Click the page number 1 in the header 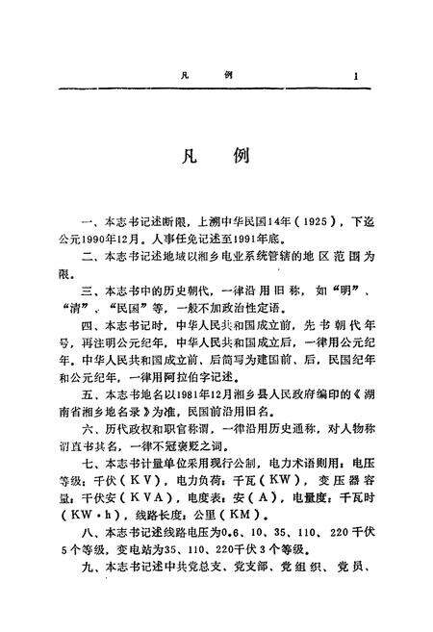click(356, 76)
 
